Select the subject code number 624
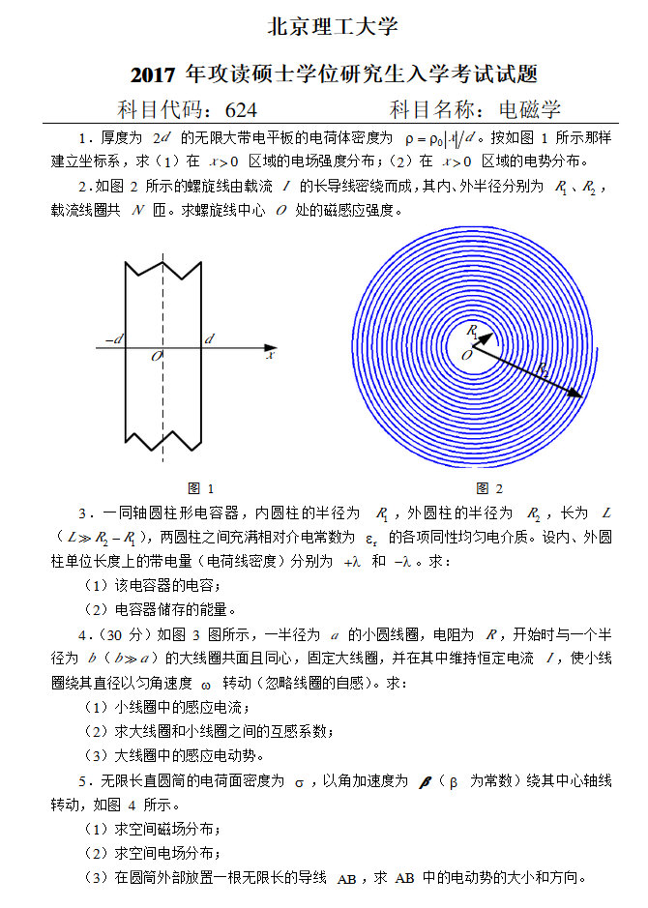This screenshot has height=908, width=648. pos(240,109)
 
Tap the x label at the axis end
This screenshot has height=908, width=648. pos(271,355)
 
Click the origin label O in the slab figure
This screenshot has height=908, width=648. pos(156,357)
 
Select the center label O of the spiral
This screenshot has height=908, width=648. pos(467,356)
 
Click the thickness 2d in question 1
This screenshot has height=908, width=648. pos(162,137)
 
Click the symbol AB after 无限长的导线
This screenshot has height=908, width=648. pos(346,878)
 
